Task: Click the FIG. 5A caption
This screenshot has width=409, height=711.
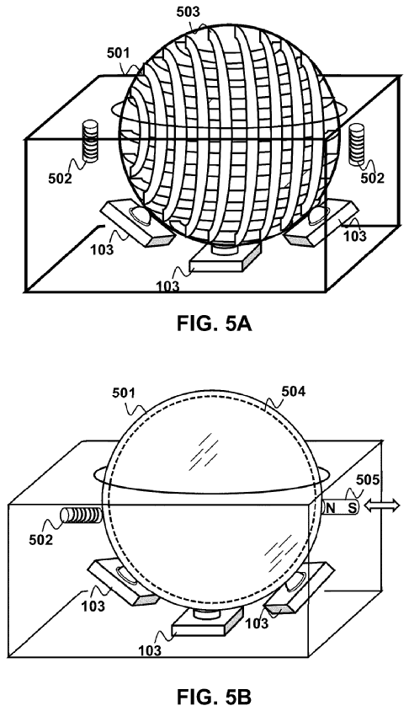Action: click(x=214, y=324)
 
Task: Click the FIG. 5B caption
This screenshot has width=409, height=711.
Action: click(x=214, y=696)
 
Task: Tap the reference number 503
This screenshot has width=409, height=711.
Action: click(x=187, y=13)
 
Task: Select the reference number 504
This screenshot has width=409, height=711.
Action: click(x=294, y=391)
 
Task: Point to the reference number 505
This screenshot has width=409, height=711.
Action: click(x=368, y=478)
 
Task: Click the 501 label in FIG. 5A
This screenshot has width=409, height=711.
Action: click(x=118, y=53)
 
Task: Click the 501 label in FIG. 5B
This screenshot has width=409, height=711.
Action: click(x=124, y=392)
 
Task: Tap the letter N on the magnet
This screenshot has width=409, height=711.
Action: click(x=331, y=508)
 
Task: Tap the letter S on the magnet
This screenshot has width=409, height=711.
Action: click(x=352, y=508)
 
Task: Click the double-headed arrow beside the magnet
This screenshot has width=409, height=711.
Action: click(x=383, y=505)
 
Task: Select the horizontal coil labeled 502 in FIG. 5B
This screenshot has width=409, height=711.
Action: click(x=81, y=516)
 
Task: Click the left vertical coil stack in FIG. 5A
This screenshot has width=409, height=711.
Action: click(x=91, y=142)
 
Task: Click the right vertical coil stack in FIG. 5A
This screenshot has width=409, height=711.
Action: click(x=357, y=146)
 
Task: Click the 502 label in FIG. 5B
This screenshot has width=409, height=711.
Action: click(x=41, y=540)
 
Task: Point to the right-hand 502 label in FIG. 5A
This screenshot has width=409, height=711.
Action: click(x=372, y=179)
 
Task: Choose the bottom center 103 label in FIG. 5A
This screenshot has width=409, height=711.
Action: click(x=167, y=286)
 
